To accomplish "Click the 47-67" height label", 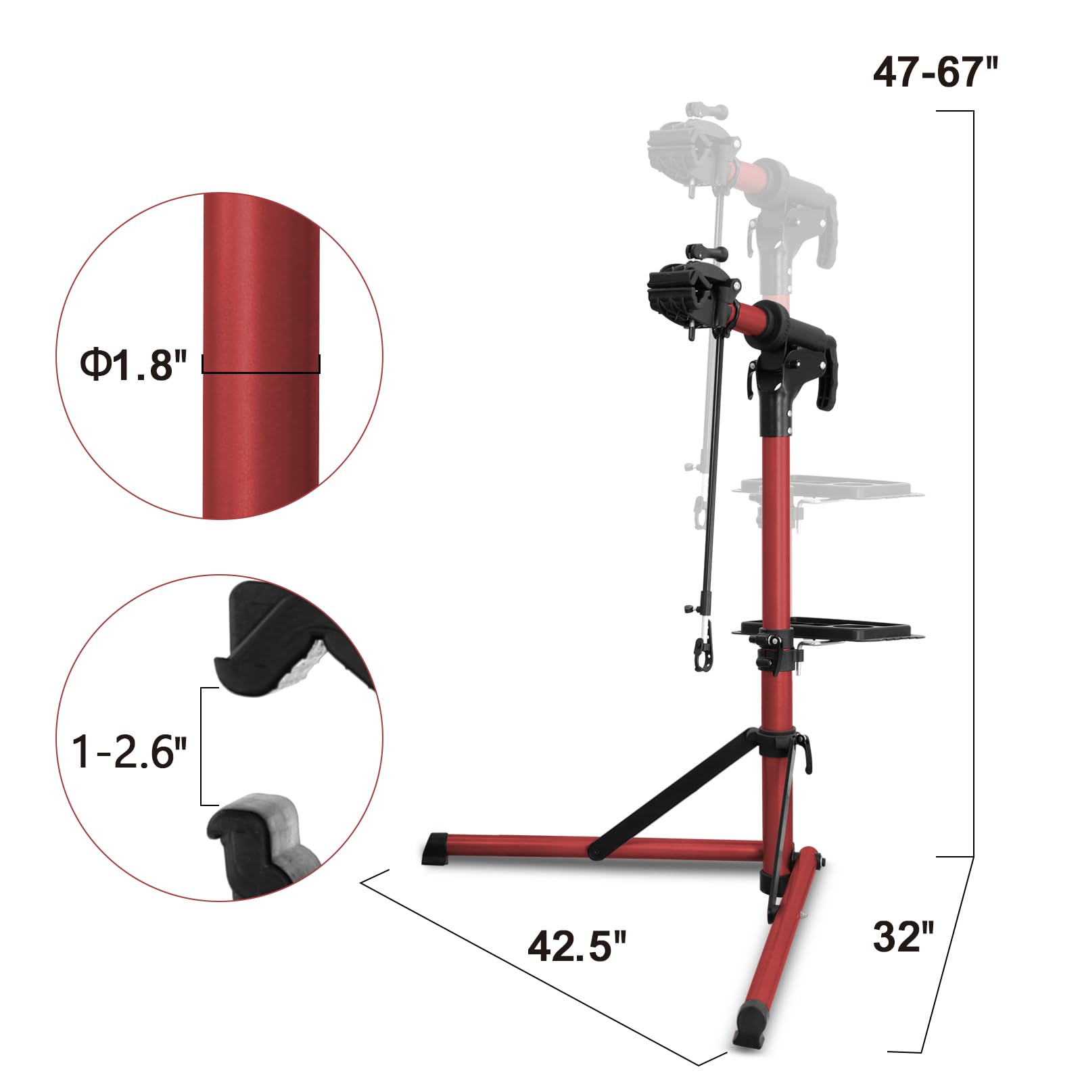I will [935, 72].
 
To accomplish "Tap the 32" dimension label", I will [903, 937].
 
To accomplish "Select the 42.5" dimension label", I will [577, 945].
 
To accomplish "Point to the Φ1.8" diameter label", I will [133, 366].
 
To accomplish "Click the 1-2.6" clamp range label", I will [128, 751].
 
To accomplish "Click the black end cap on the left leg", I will [437, 849].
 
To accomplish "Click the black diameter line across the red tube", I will [261, 371].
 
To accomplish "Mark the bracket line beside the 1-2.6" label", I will [202, 747].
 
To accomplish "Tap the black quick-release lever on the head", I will [826, 379].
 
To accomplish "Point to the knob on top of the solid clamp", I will [707, 253].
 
